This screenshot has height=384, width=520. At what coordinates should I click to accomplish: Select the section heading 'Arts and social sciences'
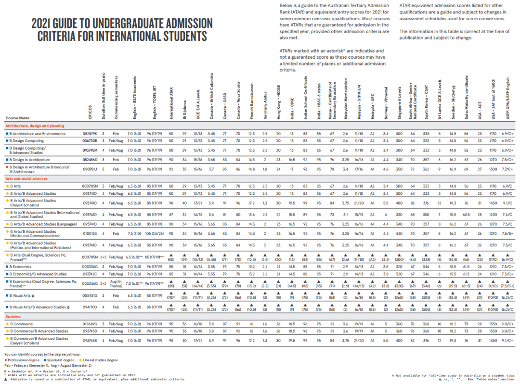coord(26,179)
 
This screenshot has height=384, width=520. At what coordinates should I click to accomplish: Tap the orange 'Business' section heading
coord(14,317)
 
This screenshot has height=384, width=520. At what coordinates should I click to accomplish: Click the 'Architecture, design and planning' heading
coord(35,126)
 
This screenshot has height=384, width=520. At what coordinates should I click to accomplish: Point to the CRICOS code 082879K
coord(90,134)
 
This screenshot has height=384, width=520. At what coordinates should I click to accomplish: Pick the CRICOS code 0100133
coord(90,233)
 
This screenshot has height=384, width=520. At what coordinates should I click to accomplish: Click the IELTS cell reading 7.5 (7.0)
coord(134,233)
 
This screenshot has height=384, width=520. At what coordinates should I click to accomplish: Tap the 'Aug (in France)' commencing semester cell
coord(116,283)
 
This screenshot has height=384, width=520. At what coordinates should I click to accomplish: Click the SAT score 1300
coord(493,169)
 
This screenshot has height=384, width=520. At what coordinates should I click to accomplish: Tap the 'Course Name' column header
coord(17,118)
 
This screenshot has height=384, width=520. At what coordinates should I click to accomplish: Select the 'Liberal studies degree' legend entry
coord(101,360)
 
